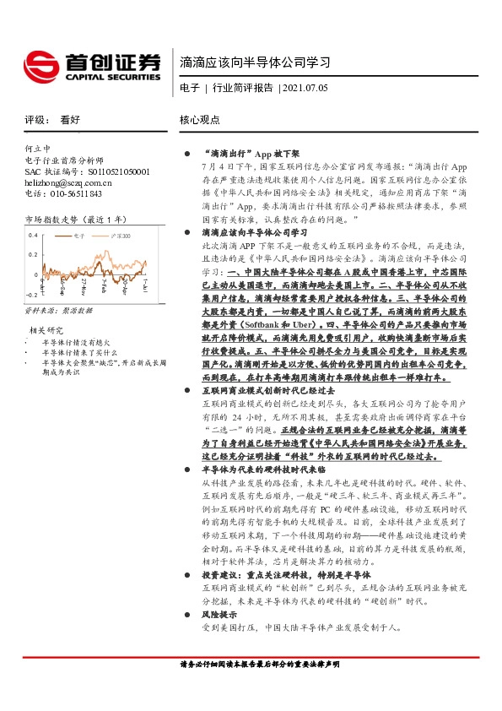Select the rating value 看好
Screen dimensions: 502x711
pyautogui.click(x=69, y=120)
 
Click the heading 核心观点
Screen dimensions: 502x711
pyautogui.click(x=200, y=120)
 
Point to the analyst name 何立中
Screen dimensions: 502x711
pyautogui.click(x=39, y=149)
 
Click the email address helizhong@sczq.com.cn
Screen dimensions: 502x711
pyautogui.click(x=74, y=182)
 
